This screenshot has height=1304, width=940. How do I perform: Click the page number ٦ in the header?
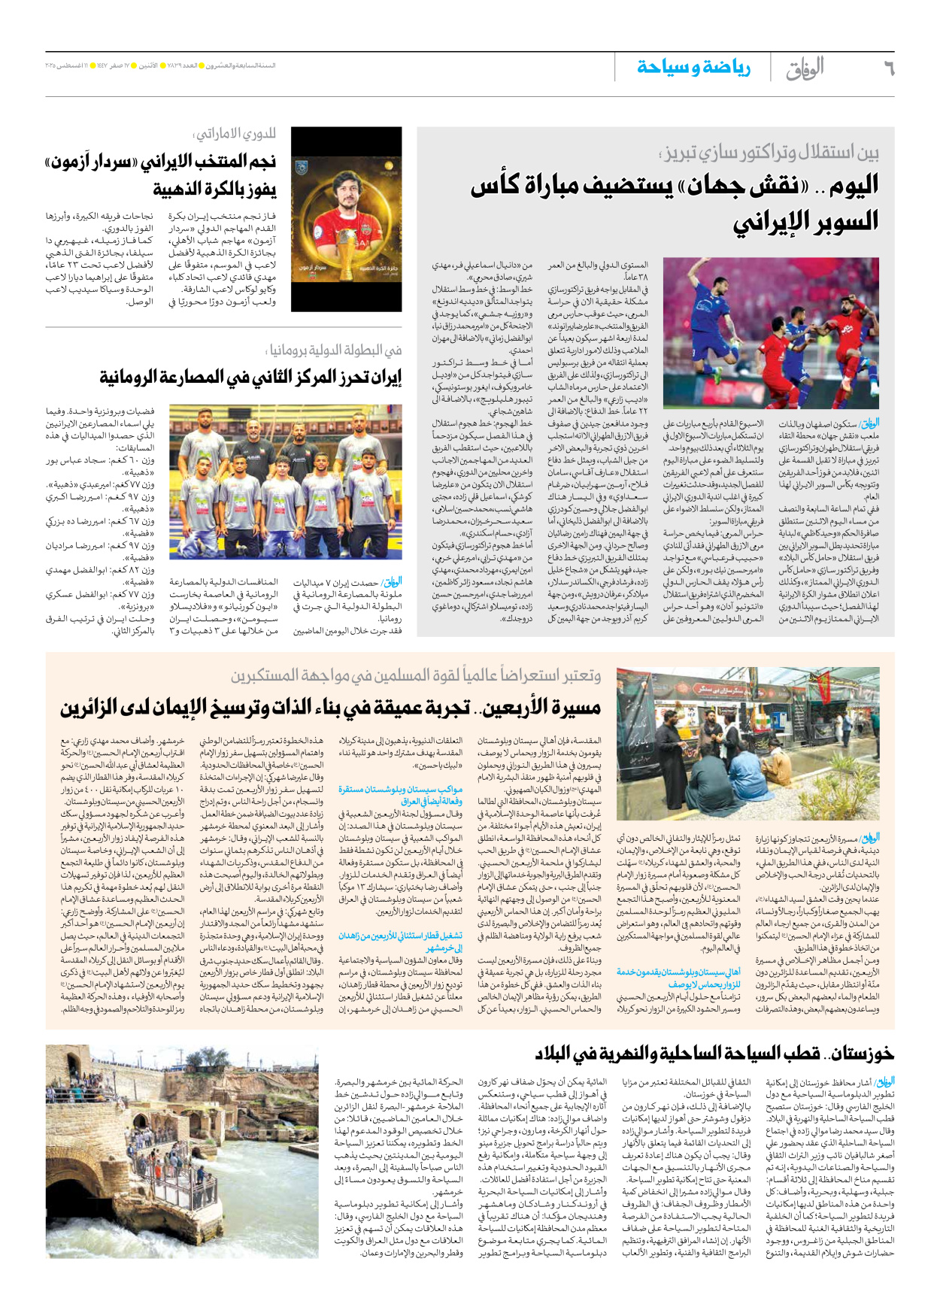[887, 69]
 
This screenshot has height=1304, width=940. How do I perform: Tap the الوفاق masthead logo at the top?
[805, 68]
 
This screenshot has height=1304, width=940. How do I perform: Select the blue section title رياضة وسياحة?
[693, 68]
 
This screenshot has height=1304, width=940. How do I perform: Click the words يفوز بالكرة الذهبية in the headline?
[215, 189]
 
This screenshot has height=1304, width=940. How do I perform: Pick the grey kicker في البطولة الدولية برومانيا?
[334, 350]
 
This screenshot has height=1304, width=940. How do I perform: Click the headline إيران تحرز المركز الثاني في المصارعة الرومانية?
[250, 378]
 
